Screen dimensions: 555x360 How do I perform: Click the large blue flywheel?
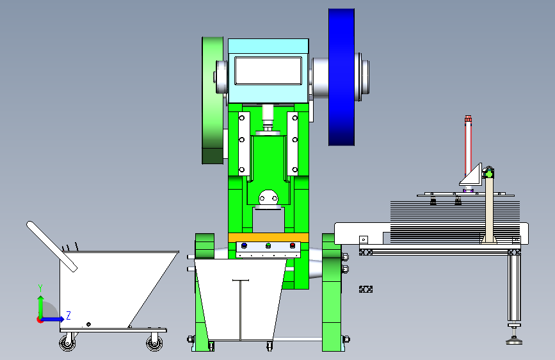[x=342, y=78]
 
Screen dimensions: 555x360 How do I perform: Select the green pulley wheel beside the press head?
[x=213, y=101]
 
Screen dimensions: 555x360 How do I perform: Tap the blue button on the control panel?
[x=244, y=245]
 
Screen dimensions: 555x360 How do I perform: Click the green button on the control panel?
[x=268, y=245]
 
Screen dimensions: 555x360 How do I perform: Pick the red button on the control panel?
[x=293, y=245]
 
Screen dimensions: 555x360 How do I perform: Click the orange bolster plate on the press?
[x=268, y=238]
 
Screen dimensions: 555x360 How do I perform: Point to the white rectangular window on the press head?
[x=268, y=71]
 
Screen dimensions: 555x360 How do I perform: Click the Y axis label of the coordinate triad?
[x=40, y=288]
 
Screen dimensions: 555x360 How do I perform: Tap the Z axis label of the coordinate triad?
[x=68, y=315]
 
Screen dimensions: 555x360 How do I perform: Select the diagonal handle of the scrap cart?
[x=52, y=247]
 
